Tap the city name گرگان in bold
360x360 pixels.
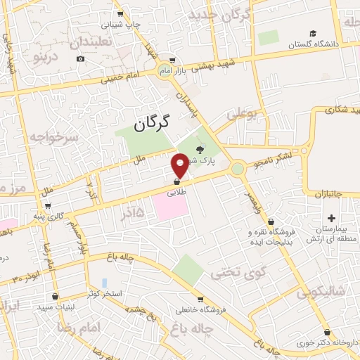pos(152,124)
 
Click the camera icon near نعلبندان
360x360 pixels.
pos(81,58)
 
